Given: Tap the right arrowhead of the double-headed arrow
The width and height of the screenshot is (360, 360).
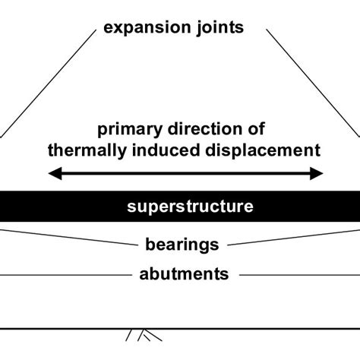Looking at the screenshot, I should pyautogui.click(x=320, y=174).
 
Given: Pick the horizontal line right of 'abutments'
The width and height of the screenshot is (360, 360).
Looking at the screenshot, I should pyautogui.click(x=296, y=273).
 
